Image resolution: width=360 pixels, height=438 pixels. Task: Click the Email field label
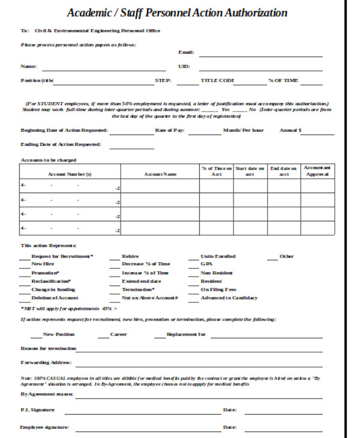(186, 53)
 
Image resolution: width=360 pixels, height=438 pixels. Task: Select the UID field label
(184, 66)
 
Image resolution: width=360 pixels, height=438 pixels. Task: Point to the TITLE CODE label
(217, 80)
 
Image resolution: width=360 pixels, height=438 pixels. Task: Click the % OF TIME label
(283, 80)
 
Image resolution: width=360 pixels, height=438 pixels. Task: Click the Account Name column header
(160, 174)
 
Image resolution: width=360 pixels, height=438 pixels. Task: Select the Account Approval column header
(317, 170)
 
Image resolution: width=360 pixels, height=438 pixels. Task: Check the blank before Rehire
(115, 256)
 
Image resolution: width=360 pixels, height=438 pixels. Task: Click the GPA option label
(206, 263)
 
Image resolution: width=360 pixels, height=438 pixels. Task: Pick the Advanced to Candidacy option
(229, 298)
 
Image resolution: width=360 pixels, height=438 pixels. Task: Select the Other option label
(286, 256)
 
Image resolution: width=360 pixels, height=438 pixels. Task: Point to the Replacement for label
(186, 334)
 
